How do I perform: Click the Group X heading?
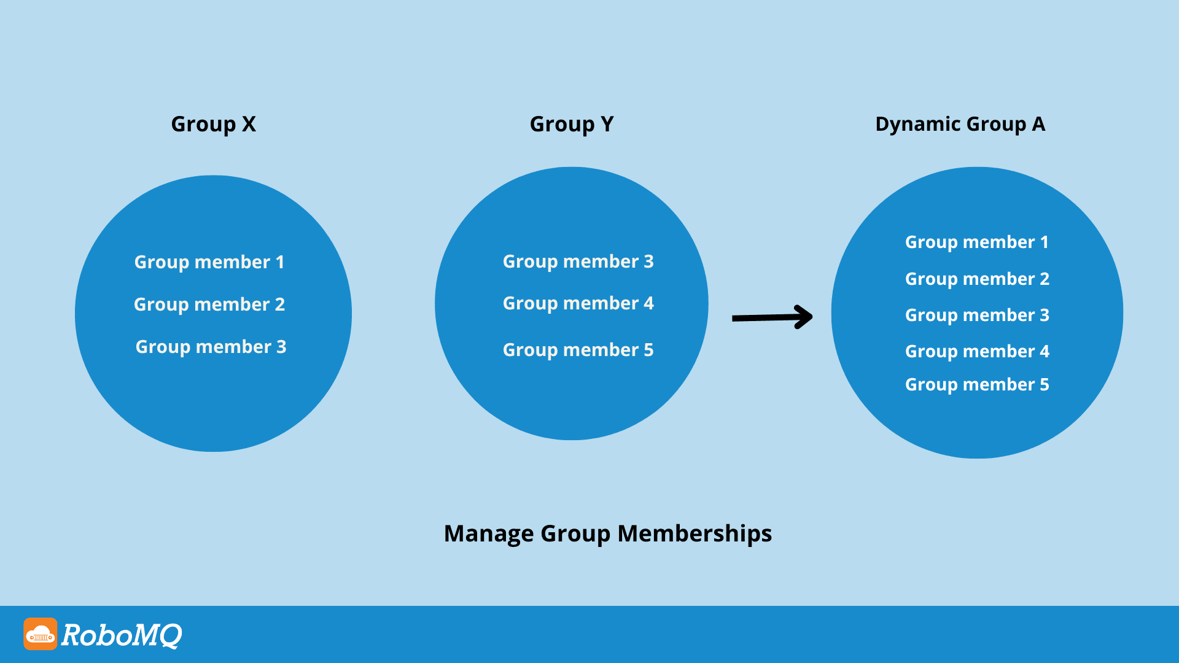[213, 125]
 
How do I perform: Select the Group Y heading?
[571, 125]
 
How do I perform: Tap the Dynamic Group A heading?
[960, 125]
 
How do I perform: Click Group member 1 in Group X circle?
[209, 262]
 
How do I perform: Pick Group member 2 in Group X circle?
[209, 304]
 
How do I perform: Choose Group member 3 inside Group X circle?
[211, 347]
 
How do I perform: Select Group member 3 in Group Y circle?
[578, 262]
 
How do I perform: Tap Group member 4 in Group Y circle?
[578, 303]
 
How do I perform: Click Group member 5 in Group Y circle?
[578, 350]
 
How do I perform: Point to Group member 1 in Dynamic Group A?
[976, 242]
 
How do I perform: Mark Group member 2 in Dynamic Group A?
[976, 279]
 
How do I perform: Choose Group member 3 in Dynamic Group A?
[976, 315]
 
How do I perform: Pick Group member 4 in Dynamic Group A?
[976, 351]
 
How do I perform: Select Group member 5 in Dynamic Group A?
[976, 384]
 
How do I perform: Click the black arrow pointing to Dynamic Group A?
[772, 317]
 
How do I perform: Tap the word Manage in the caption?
[488, 533]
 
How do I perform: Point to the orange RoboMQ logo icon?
[41, 634]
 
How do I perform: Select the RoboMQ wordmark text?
[122, 635]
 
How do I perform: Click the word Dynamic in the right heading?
[918, 125]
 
